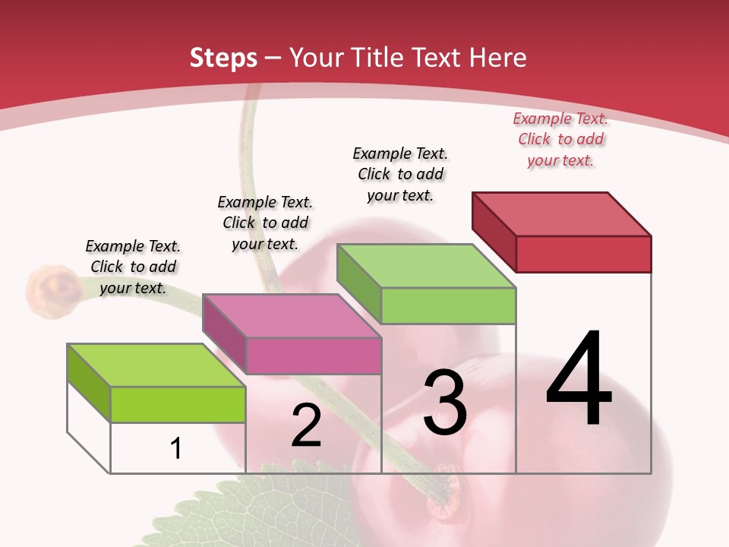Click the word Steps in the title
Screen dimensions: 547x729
click(223, 58)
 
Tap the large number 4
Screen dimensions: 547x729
click(579, 379)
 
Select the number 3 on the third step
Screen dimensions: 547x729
click(445, 403)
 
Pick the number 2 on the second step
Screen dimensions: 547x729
click(306, 426)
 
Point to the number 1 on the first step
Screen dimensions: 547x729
click(175, 449)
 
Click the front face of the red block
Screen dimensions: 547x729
click(583, 254)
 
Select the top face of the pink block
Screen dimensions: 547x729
click(292, 315)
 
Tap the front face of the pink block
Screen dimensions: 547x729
click(314, 356)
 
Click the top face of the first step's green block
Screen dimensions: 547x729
click(156, 365)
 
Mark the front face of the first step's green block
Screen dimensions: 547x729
click(178, 404)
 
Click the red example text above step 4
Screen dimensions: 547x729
click(560, 140)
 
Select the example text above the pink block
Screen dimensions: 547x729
click(265, 223)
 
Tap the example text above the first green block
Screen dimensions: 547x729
click(133, 267)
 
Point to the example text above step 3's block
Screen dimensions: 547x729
click(400, 174)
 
